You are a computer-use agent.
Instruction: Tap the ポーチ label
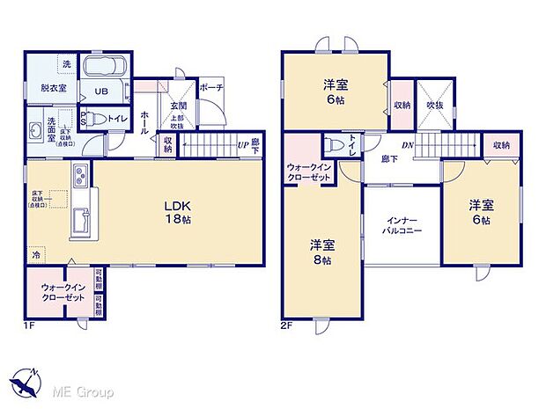210,88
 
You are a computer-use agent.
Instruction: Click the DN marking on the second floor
409,146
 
